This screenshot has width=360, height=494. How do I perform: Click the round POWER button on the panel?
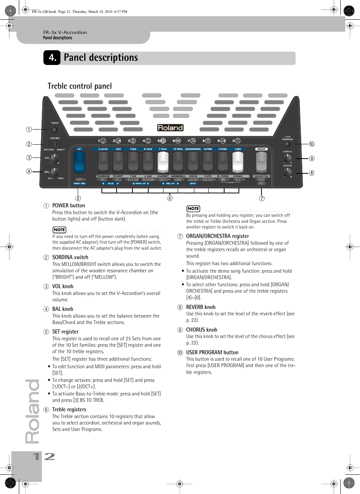(55, 130)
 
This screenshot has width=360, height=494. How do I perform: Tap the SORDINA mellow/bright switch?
(55, 144)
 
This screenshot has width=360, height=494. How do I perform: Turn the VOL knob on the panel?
(54, 159)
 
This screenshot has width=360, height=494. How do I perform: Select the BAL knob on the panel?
(54, 172)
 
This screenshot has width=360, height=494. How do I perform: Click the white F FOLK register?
(163, 162)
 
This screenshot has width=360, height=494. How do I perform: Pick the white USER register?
(238, 162)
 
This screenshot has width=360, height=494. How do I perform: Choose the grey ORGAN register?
(261, 162)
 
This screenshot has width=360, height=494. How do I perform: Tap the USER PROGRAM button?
(288, 144)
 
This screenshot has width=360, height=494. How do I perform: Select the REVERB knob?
(288, 173)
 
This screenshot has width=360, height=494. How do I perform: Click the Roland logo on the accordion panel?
(170, 128)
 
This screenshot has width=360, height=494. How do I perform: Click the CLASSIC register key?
(103, 162)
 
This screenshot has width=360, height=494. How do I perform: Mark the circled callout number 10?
(312, 144)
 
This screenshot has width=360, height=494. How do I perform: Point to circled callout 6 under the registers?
(170, 199)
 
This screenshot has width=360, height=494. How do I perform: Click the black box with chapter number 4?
(52, 57)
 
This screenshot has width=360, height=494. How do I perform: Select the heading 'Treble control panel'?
(80, 86)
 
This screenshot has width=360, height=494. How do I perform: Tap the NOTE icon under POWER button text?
(59, 230)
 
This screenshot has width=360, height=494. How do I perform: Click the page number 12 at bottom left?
(44, 457)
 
